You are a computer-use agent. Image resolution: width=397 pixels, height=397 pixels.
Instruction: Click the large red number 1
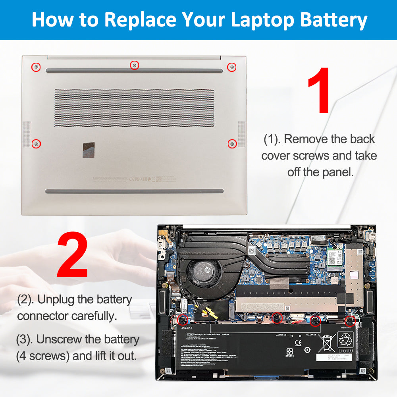click(x=319, y=90)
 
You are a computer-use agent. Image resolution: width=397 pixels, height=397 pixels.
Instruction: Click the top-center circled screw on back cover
click(x=135, y=65)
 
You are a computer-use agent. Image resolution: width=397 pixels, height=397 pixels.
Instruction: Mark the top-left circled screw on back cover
click(x=36, y=67)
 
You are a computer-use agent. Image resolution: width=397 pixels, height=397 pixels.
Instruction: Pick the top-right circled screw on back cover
click(x=231, y=67)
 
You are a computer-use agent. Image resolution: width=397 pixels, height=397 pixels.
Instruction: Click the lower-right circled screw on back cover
click(x=232, y=143)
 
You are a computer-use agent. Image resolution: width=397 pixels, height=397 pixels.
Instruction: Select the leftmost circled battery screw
click(x=183, y=318)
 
